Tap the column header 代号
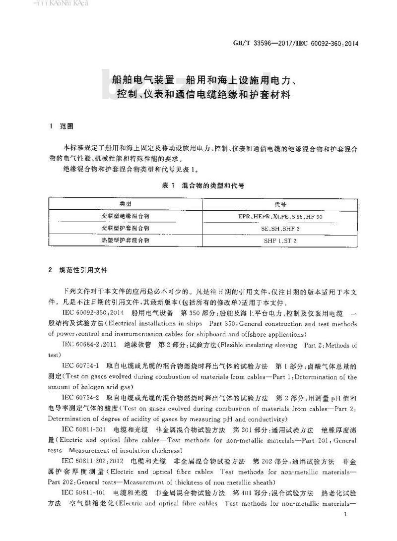(280, 204)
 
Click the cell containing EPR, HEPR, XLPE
(280, 217)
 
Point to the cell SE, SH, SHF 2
(280, 229)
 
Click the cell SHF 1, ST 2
(280, 240)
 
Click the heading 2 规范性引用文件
(81, 271)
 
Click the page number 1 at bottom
(344, 517)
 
